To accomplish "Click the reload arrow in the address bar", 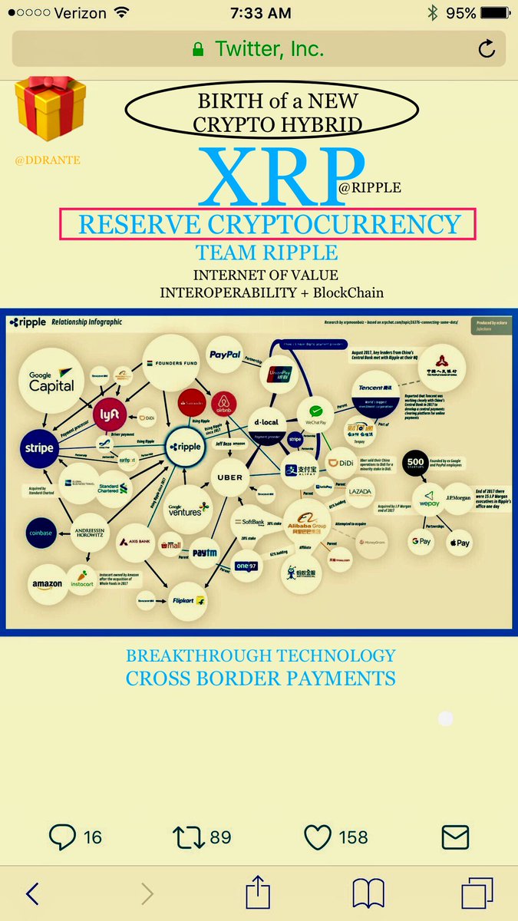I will point(487,50).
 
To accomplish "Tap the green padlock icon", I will point(198,50).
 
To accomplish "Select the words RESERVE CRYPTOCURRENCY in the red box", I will point(269,224).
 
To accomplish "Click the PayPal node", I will point(224,354).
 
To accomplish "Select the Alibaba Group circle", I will point(315,523).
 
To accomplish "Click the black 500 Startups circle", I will point(417,458).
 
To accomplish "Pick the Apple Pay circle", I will point(459,543).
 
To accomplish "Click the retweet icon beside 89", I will point(189,836).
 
